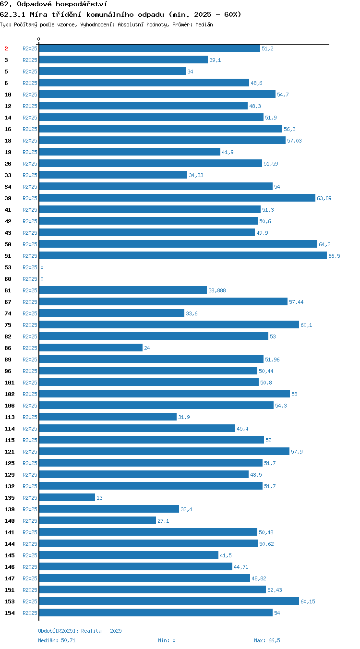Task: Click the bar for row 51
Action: [x=183, y=255]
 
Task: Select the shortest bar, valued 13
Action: [x=67, y=497]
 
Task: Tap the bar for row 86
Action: [x=91, y=348]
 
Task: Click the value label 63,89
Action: [x=324, y=198]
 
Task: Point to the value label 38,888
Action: [x=217, y=290]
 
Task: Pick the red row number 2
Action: [x=6, y=48]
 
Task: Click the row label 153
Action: [x=10, y=601]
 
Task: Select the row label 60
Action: [x=8, y=279]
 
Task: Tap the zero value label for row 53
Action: [x=42, y=267]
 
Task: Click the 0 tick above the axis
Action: [x=38, y=39]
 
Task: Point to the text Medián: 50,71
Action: [x=57, y=640]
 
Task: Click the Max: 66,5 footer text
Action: [x=267, y=640]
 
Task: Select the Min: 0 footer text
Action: [x=167, y=640]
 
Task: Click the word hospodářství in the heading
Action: [x=82, y=4]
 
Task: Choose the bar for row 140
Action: [x=97, y=521]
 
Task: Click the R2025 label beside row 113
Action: [x=30, y=417]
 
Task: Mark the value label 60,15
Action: [x=308, y=601]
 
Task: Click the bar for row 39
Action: [x=177, y=198]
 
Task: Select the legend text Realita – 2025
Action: [x=101, y=631]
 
